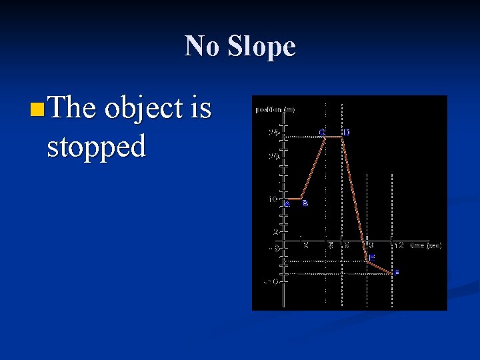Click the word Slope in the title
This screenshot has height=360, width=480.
click(x=261, y=47)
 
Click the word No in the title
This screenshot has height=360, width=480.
click(x=203, y=47)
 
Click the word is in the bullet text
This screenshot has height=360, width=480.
click(x=201, y=107)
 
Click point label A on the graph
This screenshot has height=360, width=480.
click(x=287, y=204)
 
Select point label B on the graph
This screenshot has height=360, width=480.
click(x=305, y=203)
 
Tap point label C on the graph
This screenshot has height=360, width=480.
click(x=322, y=132)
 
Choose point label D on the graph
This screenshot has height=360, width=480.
click(x=346, y=132)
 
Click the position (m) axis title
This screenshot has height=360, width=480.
click(x=274, y=109)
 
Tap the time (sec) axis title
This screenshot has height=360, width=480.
click(x=425, y=245)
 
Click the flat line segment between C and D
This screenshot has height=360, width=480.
click(x=333, y=137)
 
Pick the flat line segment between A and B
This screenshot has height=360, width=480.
click(x=293, y=199)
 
